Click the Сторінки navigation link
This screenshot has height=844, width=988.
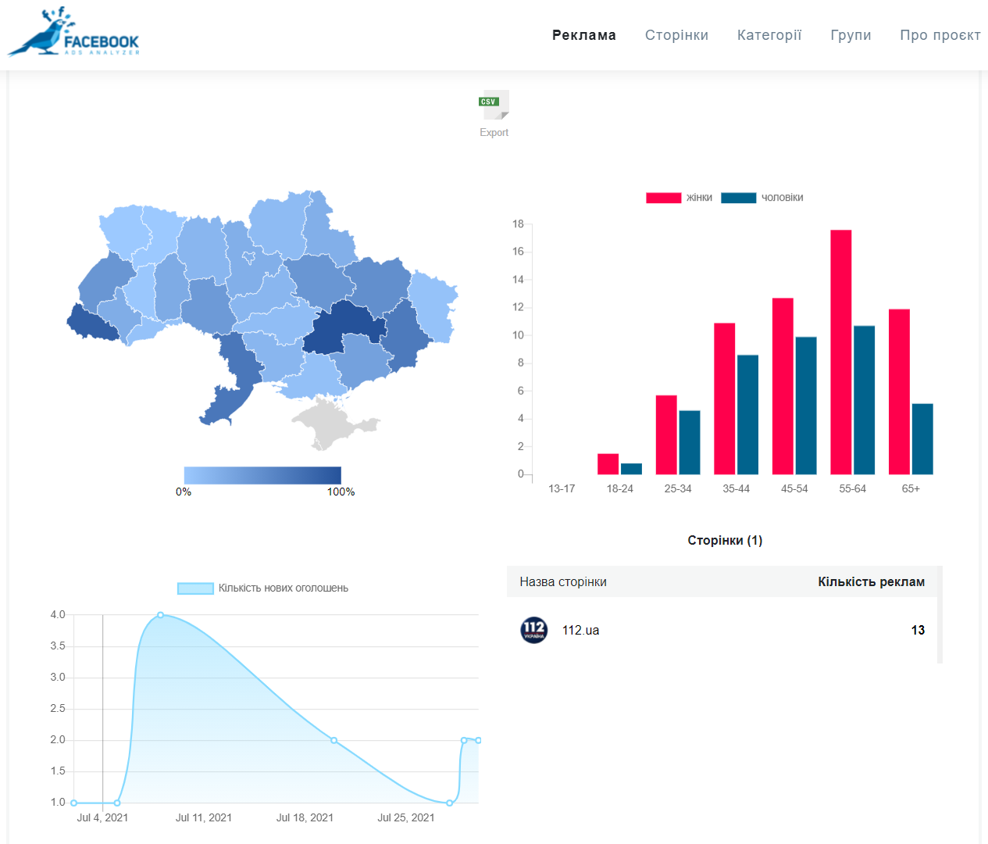coord(676,35)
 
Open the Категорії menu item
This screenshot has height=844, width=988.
coord(769,35)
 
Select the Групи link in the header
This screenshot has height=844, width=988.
coord(851,35)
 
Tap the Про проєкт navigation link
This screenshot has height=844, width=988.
coord(940,35)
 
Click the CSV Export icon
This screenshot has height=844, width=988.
coord(494,105)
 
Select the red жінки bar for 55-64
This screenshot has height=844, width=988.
coord(841,352)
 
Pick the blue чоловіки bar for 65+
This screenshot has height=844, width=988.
coord(922,439)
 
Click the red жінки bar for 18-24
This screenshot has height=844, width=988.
coord(608,464)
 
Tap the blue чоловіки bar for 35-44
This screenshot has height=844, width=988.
coord(747,415)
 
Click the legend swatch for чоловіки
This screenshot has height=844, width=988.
coord(739,198)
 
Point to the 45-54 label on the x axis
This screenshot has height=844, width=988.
coord(794,488)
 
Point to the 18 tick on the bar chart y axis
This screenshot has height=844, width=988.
coord(518,224)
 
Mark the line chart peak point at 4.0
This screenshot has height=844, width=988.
coord(161,615)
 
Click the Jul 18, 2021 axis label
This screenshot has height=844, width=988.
coord(305,817)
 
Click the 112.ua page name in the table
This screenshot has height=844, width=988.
coord(580,630)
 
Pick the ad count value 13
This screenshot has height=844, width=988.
coord(918,630)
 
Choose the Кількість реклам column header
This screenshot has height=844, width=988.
coord(871,581)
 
